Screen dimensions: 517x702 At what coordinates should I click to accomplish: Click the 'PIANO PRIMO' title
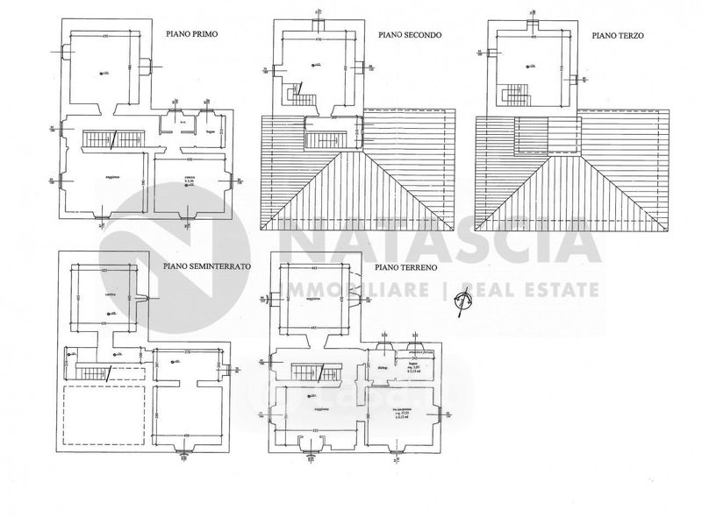click(192, 36)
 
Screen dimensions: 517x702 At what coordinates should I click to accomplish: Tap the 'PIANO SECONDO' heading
click(409, 36)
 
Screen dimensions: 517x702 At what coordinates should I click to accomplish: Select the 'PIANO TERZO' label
click(618, 36)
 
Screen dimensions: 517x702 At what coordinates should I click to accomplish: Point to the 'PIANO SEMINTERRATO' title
click(207, 264)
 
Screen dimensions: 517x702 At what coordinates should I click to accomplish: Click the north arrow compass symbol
click(462, 302)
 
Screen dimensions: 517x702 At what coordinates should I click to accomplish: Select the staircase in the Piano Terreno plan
click(308, 371)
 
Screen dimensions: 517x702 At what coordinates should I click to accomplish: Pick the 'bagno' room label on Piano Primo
click(211, 131)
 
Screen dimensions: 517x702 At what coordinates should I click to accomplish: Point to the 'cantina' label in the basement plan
click(86, 295)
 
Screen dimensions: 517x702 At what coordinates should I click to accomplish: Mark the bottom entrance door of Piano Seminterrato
click(183, 453)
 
